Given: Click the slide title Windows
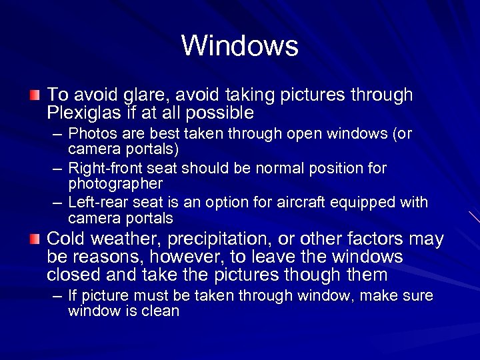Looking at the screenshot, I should tap(239, 46).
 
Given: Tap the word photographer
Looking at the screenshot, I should tap(115, 183).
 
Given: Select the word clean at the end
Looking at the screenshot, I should tap(161, 311).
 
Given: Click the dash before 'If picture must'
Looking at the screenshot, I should tap(58, 296).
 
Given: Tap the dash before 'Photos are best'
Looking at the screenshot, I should tap(58, 135).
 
